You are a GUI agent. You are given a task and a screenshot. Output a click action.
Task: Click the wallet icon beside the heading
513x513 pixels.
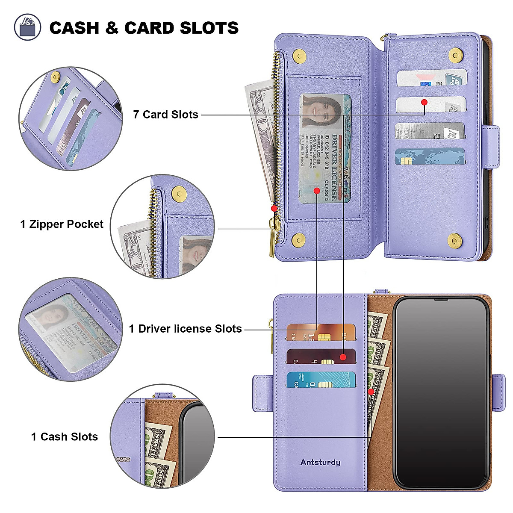click(x=28, y=27)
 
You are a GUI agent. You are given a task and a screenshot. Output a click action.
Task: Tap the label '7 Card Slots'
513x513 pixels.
click(x=165, y=115)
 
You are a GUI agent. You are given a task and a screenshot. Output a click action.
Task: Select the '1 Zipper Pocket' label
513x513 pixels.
click(x=62, y=224)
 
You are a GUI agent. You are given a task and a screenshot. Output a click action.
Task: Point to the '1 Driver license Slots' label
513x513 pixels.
click(x=186, y=329)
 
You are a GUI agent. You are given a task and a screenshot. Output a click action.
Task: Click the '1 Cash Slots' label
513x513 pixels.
click(x=65, y=436)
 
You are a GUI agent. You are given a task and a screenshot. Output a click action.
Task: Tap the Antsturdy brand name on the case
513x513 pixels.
click(x=320, y=463)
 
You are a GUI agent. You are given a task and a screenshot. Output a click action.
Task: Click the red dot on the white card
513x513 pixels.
click(x=424, y=102)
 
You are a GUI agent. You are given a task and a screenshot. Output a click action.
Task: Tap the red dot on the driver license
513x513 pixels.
click(x=316, y=190)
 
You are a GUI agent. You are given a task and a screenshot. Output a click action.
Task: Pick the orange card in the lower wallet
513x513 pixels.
click(x=321, y=333)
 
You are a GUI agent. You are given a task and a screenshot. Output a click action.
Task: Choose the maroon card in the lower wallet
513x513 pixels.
click(x=321, y=356)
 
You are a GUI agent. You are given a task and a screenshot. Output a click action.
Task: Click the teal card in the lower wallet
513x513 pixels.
click(x=321, y=379)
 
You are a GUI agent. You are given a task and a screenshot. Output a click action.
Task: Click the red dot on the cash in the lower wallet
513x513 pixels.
click(x=371, y=392)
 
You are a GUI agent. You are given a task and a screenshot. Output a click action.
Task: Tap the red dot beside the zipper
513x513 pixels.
click(x=274, y=208)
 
